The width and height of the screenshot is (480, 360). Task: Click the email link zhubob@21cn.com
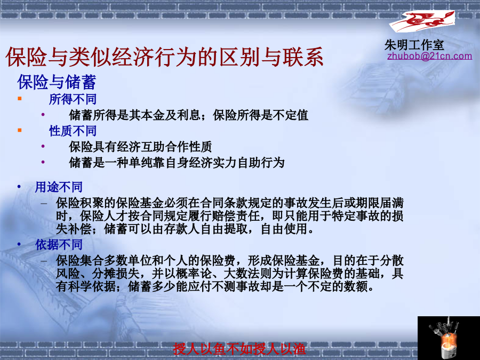pyautogui.click(x=429, y=56)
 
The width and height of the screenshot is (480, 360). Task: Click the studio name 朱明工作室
pyautogui.click(x=414, y=45)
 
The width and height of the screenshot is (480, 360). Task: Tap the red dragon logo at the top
pyautogui.click(x=422, y=21)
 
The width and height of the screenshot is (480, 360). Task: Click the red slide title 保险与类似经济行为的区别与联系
pyautogui.click(x=164, y=57)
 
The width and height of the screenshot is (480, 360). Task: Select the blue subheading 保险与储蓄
pyautogui.click(x=57, y=82)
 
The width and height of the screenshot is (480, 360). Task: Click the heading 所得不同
pyautogui.click(x=73, y=99)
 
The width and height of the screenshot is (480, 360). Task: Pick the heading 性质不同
pyautogui.click(x=73, y=131)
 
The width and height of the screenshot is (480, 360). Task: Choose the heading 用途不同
pyautogui.click(x=59, y=187)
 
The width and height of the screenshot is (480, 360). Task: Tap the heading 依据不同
pyautogui.click(x=59, y=245)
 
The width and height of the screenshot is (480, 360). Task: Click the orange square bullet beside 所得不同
pyautogui.click(x=20, y=98)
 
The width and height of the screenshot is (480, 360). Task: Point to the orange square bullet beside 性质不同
pyautogui.click(x=20, y=130)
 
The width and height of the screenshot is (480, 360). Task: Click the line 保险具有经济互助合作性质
pyautogui.click(x=140, y=147)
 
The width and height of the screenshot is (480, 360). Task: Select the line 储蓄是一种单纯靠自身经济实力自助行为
pyautogui.click(x=177, y=162)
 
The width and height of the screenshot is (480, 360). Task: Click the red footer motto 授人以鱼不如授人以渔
pyautogui.click(x=239, y=349)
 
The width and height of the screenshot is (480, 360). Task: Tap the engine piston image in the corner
pyautogui.click(x=449, y=338)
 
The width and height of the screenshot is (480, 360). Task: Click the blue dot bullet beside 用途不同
pyautogui.click(x=19, y=187)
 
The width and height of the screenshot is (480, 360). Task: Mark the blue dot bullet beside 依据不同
pyautogui.click(x=19, y=244)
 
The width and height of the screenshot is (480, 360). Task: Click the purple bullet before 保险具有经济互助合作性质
pyautogui.click(x=43, y=146)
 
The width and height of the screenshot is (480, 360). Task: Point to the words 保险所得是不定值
pyautogui.click(x=260, y=115)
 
